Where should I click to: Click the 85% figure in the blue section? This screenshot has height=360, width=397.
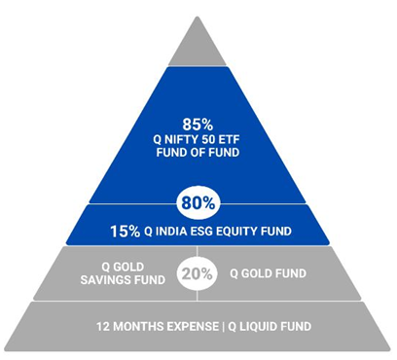pos(198,124)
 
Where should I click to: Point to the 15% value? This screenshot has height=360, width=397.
pos(124,233)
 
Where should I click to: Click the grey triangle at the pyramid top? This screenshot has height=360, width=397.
pos(198,45)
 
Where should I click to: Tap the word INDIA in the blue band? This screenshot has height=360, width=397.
pos(166,233)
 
